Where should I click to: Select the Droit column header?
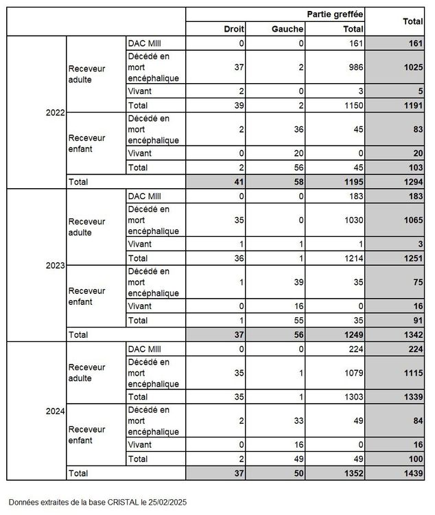click(x=234, y=29)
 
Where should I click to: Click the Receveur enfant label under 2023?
click(x=87, y=296)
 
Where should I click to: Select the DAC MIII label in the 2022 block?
click(x=145, y=43)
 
